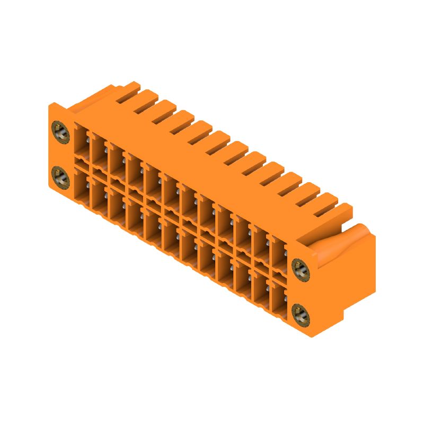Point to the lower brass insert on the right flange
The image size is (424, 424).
(x=301, y=314)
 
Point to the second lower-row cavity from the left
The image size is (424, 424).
(x=100, y=196)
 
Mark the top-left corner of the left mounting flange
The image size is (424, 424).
(x=51, y=106)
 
